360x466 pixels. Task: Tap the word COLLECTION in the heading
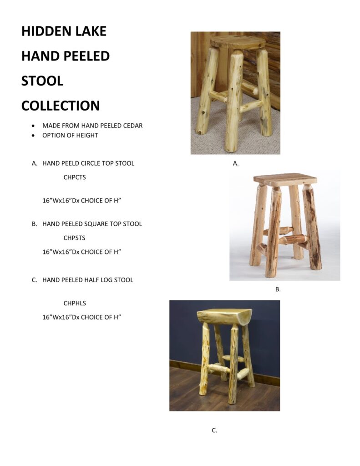(61, 106)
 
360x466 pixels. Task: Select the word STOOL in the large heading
(42, 81)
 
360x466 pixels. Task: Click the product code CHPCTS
(75, 177)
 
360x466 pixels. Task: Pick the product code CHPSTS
(74, 238)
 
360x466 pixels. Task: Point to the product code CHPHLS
(75, 303)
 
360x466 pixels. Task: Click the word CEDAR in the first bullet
(132, 126)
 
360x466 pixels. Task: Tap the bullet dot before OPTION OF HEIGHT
(34, 136)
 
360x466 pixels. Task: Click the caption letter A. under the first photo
(236, 163)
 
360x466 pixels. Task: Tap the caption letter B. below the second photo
(278, 289)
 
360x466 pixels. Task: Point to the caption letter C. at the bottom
(214, 430)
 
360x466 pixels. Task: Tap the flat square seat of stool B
(285, 179)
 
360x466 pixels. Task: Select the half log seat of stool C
(224, 316)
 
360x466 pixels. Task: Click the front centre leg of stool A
(233, 101)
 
